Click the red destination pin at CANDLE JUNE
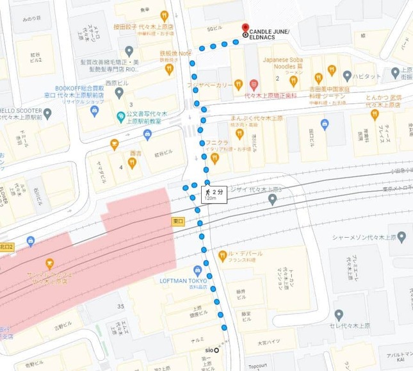point(245,28)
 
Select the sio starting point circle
point(216,349)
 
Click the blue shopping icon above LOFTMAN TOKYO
point(197,270)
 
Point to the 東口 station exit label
point(179,221)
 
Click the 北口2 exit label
point(6,246)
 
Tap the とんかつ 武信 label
point(383,101)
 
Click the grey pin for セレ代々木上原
point(339,315)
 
